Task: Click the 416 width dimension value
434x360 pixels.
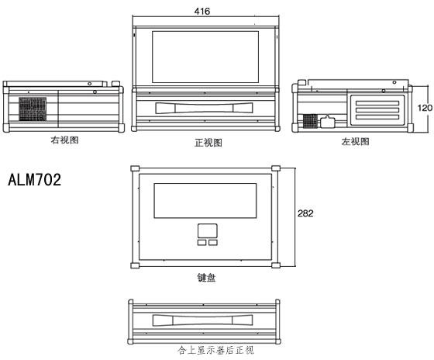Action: [x=202, y=12]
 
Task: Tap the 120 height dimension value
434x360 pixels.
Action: [x=425, y=108]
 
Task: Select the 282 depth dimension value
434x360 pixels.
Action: [x=305, y=213]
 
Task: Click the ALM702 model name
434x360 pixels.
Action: [x=35, y=179]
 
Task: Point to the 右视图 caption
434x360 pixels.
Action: [x=64, y=140]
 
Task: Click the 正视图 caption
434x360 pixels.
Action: [x=208, y=143]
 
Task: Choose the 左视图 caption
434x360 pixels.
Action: [x=355, y=142]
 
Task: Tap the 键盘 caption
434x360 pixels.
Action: [x=206, y=278]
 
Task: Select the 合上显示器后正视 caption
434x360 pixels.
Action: [x=215, y=350]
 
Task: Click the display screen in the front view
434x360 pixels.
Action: [x=205, y=57]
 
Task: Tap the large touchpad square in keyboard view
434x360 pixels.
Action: [x=208, y=231]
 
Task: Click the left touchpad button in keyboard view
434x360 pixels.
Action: [x=202, y=243]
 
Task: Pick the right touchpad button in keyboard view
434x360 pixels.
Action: [x=213, y=243]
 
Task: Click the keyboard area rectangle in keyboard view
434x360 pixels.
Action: [x=205, y=201]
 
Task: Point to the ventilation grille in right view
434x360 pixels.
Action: [x=33, y=109]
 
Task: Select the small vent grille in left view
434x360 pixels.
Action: [x=310, y=121]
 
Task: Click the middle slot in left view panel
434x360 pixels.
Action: [x=377, y=110]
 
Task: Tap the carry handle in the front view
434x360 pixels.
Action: [x=205, y=108]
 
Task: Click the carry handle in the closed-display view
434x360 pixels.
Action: [x=203, y=320]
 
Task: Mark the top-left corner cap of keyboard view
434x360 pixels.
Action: [x=135, y=168]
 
